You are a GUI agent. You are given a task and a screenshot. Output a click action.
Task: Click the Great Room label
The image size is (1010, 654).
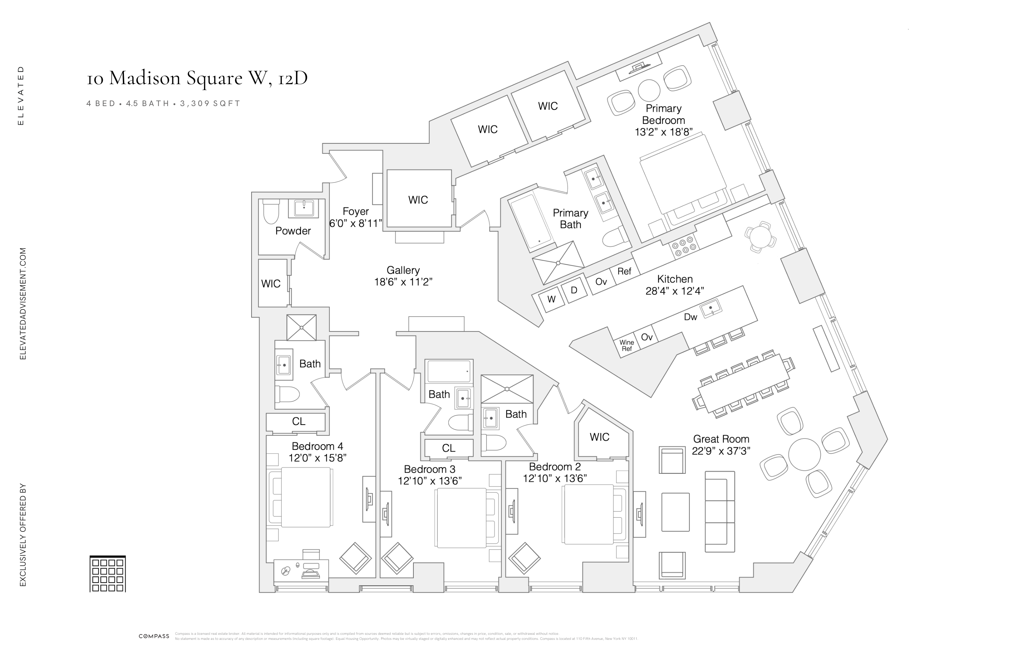click(721, 439)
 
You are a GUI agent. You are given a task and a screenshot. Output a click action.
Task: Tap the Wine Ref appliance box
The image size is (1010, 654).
click(627, 345)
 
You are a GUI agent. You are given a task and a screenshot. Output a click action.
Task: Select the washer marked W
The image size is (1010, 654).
click(551, 299)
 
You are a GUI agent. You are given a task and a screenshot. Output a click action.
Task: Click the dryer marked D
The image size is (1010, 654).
click(574, 290)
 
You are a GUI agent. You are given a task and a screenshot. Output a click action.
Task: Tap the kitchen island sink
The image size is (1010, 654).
click(710, 308)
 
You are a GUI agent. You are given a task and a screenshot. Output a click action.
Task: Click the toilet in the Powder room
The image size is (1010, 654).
click(271, 212)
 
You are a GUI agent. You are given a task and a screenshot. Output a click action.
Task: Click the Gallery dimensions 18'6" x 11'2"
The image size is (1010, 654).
click(403, 282)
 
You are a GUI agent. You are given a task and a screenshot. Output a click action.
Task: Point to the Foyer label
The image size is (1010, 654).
click(356, 211)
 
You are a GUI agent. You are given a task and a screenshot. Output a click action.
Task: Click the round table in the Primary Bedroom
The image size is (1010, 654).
click(649, 90)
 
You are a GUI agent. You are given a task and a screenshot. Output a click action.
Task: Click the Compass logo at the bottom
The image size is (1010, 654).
click(154, 636)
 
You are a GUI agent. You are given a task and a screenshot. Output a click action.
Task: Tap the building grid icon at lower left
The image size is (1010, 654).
click(108, 574)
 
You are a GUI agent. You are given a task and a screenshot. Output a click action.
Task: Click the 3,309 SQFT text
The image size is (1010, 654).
click(210, 103)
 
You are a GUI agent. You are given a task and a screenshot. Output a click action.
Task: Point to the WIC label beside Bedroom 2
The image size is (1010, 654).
click(599, 437)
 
